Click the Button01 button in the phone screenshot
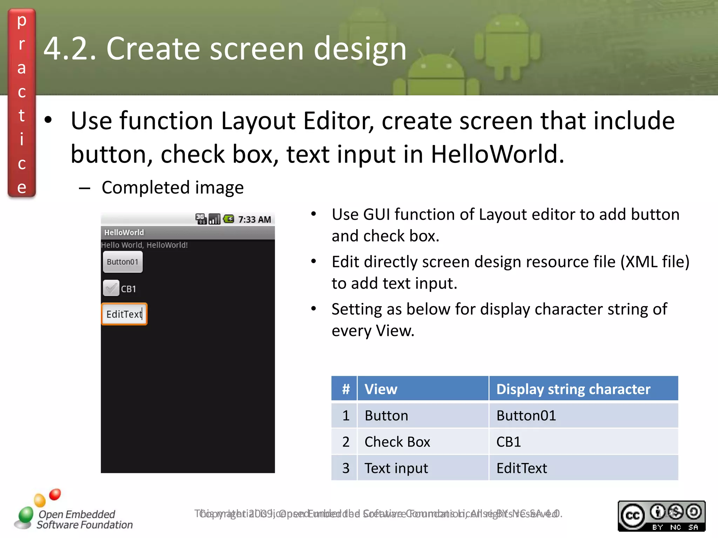[x=123, y=262]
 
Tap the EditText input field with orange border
[x=124, y=314]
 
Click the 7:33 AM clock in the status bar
[x=255, y=220]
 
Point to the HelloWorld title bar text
[x=124, y=233]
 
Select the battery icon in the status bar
[x=229, y=219]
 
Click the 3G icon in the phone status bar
[x=201, y=219]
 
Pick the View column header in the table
[x=381, y=389]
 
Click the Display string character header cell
[x=573, y=389]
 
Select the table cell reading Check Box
[x=397, y=442]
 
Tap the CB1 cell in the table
[x=509, y=442]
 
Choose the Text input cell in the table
[x=396, y=468]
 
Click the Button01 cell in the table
[x=526, y=415]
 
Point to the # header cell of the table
[x=345, y=389]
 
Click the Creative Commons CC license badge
[x=661, y=516]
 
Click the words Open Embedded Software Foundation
[x=84, y=519]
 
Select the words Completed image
[x=172, y=188]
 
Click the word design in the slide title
[x=360, y=49]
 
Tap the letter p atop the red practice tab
[x=22, y=21]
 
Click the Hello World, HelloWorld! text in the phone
[x=144, y=245]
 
